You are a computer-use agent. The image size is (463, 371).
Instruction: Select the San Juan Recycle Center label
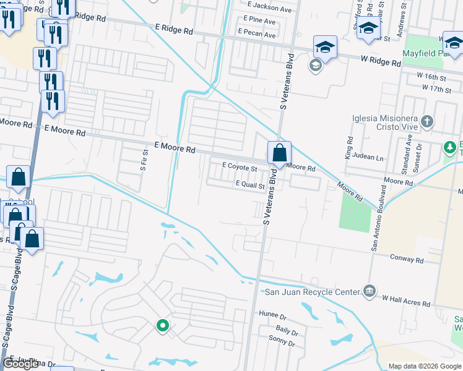(x=312, y=292)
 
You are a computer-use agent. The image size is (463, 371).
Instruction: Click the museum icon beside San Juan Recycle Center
(x=370, y=291)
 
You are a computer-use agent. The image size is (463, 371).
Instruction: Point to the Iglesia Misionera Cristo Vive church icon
(x=426, y=121)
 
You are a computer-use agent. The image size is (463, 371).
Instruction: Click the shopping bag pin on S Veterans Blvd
(x=279, y=152)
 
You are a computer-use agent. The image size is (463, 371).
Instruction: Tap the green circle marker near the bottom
(x=162, y=325)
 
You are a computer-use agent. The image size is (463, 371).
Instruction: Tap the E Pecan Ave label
(x=256, y=35)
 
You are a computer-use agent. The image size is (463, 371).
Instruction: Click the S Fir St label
(x=144, y=160)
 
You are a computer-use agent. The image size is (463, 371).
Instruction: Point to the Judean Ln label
(x=371, y=158)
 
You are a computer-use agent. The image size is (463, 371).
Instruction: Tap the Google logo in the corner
(x=20, y=364)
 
